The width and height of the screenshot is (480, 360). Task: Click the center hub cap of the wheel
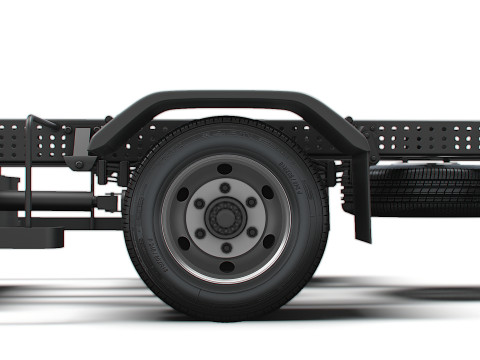(x=226, y=217)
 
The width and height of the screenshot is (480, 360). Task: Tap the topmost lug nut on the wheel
(x=226, y=188)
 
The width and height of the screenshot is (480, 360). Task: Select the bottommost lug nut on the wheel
(x=226, y=246)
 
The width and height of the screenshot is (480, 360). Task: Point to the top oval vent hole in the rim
(x=226, y=168)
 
